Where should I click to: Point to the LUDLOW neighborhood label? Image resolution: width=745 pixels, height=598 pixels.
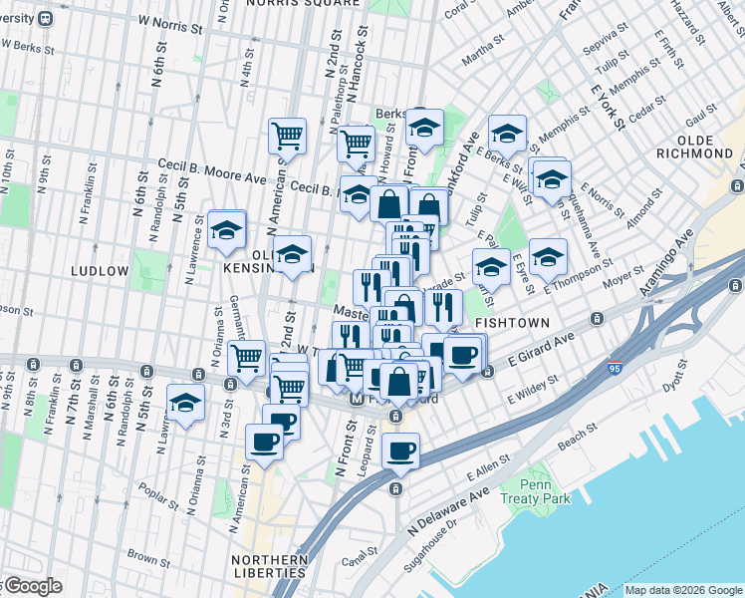[100, 270]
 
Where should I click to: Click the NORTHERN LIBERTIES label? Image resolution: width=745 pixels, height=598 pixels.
[269, 565]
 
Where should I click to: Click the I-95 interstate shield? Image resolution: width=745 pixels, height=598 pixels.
[616, 369]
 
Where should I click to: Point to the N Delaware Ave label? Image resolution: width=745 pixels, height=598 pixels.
[446, 510]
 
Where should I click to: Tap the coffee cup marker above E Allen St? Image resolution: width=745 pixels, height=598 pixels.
[400, 450]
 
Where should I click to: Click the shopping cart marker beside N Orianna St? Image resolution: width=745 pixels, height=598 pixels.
[246, 357]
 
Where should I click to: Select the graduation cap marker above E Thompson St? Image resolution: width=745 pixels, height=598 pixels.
[547, 257]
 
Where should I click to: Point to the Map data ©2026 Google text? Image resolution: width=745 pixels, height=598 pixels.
[683, 590]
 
